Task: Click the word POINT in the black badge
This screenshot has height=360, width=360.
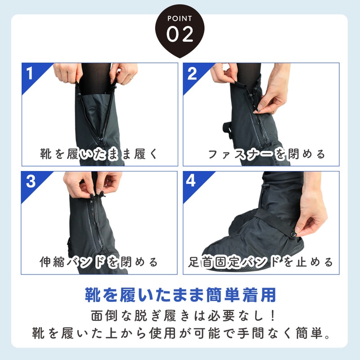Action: tap(180, 18)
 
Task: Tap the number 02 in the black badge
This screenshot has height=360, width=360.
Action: tap(180, 34)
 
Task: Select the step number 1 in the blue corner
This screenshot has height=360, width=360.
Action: tap(30, 73)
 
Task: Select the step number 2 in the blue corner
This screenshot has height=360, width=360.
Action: tap(192, 73)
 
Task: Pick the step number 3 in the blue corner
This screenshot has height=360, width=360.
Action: tap(31, 181)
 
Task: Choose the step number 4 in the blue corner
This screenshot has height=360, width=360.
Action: tap(191, 180)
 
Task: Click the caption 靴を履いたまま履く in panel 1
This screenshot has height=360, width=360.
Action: tap(99, 153)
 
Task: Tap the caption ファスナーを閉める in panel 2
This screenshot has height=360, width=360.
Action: tap(267, 154)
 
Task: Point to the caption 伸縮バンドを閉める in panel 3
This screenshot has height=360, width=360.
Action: tap(99, 262)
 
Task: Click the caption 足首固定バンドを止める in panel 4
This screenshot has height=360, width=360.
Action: tap(261, 262)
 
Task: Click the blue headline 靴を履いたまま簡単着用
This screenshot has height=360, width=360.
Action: tap(180, 295)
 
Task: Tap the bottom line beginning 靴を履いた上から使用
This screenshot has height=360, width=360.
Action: tap(181, 333)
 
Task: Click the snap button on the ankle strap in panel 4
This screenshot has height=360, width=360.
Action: tap(292, 234)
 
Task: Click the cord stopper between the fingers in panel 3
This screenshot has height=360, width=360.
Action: tap(93, 196)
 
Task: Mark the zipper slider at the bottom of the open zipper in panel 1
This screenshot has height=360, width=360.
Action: tap(101, 139)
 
